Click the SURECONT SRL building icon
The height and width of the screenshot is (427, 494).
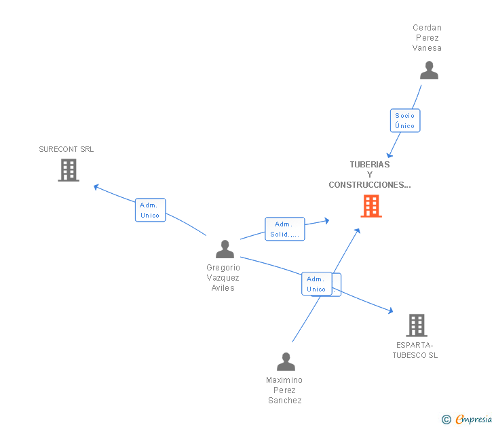point(69,170)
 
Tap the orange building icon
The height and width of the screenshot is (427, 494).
point(370,206)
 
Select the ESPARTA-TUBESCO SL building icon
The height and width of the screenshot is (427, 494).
point(416,325)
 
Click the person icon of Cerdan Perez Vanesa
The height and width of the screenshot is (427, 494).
point(429,70)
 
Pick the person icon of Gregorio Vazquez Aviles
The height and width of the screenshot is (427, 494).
point(225,249)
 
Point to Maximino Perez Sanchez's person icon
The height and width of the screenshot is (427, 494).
point(286,362)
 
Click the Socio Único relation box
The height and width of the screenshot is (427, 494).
point(405,121)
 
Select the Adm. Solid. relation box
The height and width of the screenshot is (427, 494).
point(284,229)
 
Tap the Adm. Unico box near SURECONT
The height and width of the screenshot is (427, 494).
point(150,210)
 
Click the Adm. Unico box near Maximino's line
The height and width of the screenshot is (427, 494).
point(316,283)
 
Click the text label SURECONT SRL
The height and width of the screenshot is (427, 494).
point(66,149)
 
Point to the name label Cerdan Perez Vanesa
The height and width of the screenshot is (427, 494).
point(427,38)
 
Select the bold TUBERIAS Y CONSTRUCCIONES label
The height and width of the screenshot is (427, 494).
point(370,174)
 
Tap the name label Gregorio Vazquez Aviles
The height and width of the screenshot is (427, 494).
point(223,278)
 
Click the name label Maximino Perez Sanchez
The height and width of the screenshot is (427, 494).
point(284,390)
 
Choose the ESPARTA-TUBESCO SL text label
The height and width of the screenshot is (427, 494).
point(415,350)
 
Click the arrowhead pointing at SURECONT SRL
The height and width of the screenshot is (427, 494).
point(96,186)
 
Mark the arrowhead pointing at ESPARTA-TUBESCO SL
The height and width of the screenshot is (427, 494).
point(389,311)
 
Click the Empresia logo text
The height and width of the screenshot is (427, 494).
point(474,420)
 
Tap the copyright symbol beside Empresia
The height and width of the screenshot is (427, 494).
point(446,420)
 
